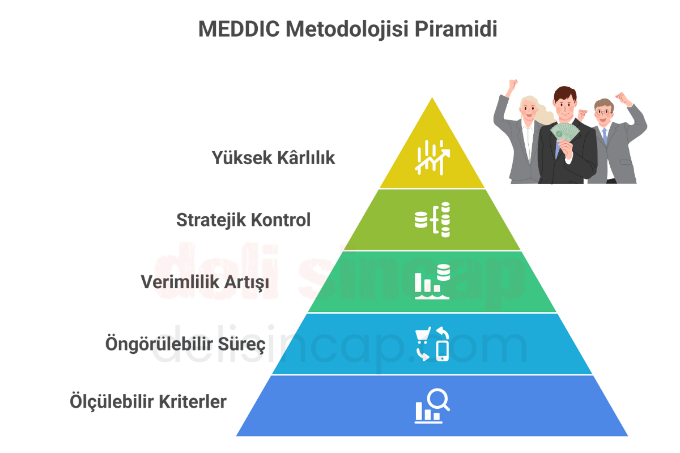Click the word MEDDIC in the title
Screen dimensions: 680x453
click(239, 29)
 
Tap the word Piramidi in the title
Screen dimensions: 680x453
click(456, 29)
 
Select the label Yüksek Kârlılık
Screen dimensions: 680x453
click(273, 158)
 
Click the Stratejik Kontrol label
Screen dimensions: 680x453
click(244, 220)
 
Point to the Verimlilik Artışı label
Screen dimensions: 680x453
click(205, 282)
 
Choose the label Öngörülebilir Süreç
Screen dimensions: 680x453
click(185, 344)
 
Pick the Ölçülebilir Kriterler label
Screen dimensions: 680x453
click(148, 401)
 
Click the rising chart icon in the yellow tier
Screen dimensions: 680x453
click(432, 157)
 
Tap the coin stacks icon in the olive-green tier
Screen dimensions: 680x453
click(432, 220)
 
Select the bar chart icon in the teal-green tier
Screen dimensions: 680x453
click(432, 281)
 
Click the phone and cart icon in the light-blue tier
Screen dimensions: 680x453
click(432, 344)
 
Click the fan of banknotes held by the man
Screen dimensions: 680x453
click(564, 132)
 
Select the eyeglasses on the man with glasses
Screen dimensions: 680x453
click(603, 112)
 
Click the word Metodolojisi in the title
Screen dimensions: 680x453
click(347, 30)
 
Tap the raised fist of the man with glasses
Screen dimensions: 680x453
click(623, 99)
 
